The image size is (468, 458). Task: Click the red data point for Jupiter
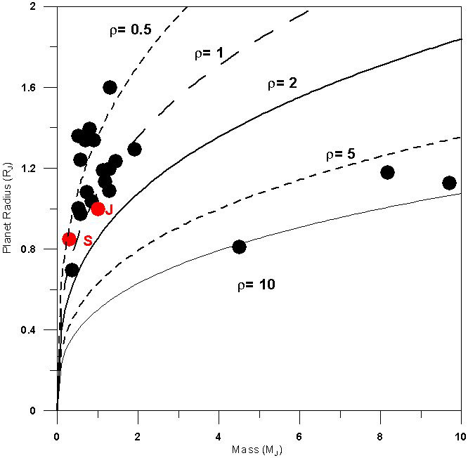coord(98,209)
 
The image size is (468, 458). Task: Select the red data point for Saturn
coord(69,240)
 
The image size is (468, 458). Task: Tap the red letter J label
coord(109,210)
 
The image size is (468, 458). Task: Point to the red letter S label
coord(88,241)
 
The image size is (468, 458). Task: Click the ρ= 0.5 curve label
coord(130,30)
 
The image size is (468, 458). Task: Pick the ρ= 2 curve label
coord(282,84)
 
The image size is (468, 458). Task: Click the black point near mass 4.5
coord(239,247)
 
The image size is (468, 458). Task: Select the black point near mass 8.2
coord(387,172)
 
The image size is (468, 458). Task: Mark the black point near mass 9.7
coord(449,183)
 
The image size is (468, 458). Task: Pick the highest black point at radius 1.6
coord(110,87)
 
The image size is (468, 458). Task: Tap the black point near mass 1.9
coord(134,149)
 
